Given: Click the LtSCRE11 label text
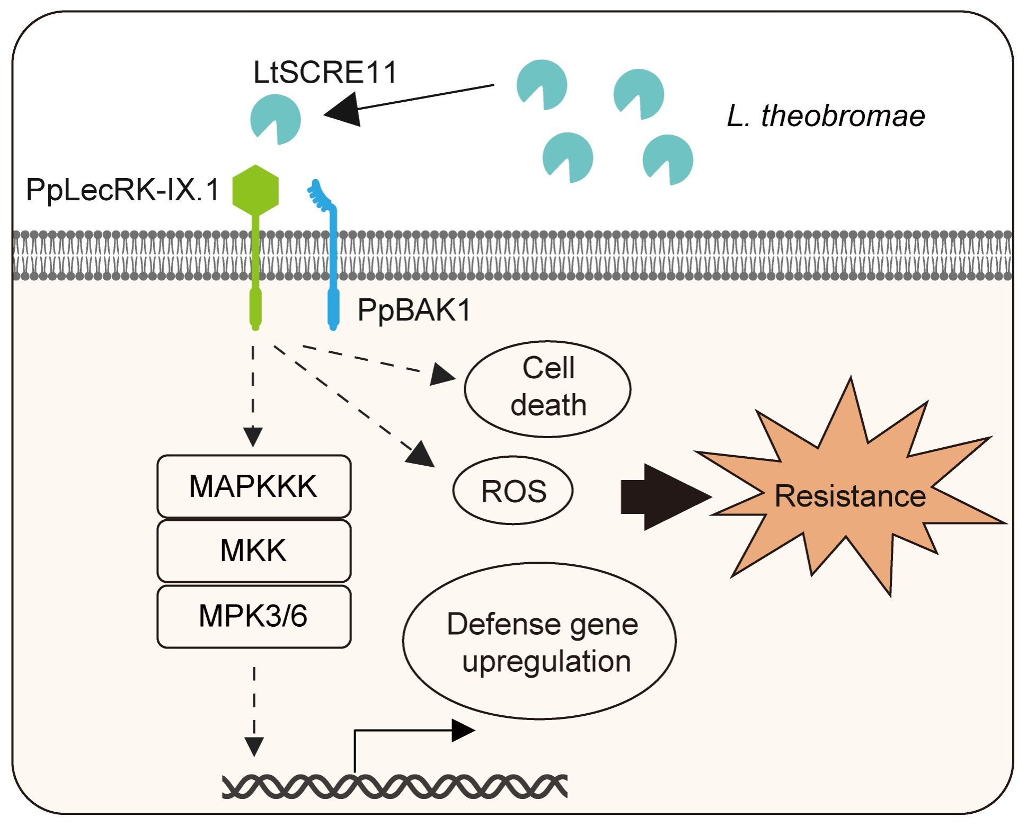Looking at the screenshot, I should (325, 73).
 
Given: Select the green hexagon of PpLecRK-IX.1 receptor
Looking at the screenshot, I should (255, 190).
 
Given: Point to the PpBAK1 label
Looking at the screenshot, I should (414, 310).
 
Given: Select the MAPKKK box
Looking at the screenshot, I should (254, 486).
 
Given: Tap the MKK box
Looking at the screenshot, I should (254, 550).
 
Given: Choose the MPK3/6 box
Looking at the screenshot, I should (254, 616).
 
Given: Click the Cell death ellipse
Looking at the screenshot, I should (547, 388).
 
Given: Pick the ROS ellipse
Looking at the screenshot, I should (513, 491).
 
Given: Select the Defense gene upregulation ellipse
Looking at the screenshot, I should (539, 641).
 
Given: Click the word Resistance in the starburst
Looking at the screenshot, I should (850, 496).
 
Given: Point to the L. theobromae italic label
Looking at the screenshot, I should (826, 116).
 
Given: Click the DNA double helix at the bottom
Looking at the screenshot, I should (395, 786).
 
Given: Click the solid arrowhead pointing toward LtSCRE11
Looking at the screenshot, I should (343, 110).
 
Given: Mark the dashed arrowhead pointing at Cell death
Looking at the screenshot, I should (442, 374).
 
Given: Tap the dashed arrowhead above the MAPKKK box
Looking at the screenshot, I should (253, 437).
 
